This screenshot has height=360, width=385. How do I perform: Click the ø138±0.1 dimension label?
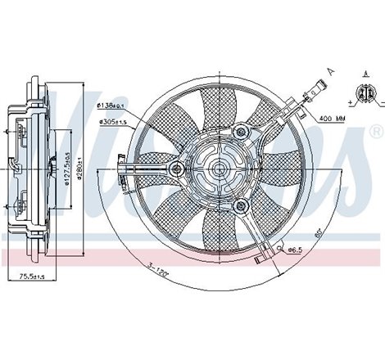coord(109,106)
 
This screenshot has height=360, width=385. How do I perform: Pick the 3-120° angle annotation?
coord(157,269)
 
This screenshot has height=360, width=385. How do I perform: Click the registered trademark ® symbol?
coord(374,131)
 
